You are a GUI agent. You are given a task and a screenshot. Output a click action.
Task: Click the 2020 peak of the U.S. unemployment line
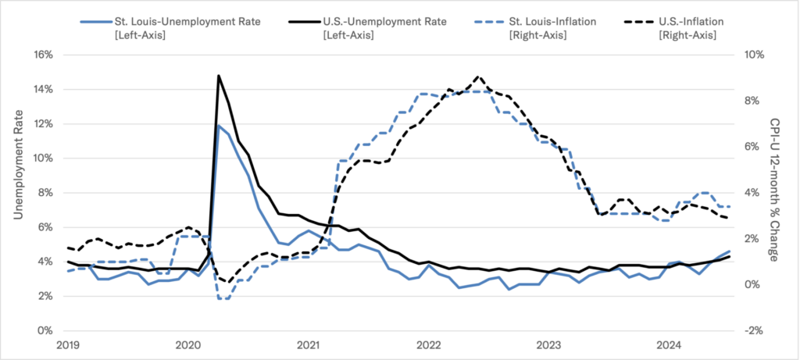(219, 76)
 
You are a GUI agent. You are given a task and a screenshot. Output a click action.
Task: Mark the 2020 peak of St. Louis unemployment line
(219, 125)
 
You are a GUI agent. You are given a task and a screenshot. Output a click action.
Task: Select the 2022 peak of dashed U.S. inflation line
(478, 77)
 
